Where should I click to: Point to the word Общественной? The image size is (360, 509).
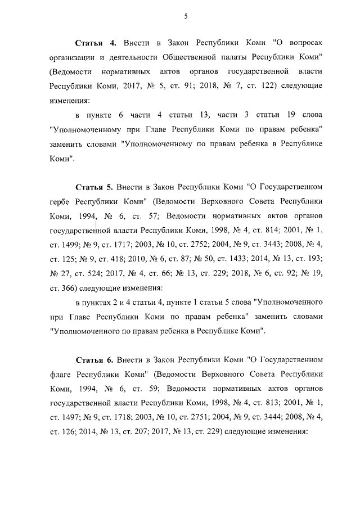click(191, 57)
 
